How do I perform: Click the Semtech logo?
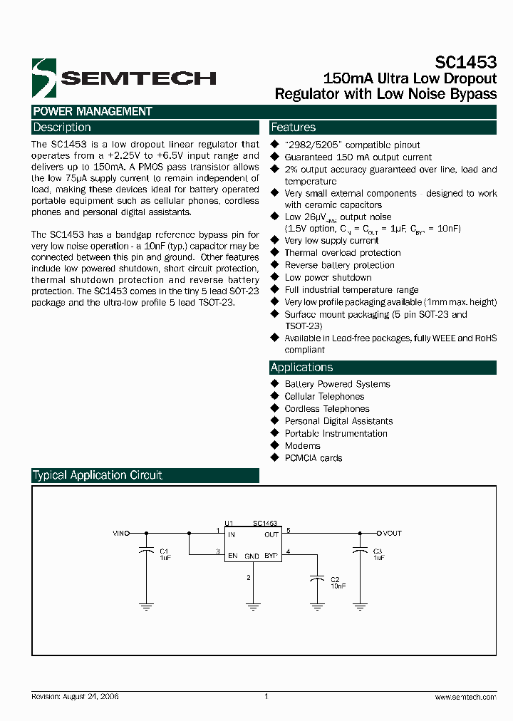click(123, 78)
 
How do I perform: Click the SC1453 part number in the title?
click(466, 63)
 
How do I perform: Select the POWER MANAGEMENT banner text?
click(93, 111)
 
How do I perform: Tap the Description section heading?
click(62, 128)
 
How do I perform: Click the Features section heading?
click(293, 128)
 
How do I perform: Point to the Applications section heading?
click(301, 368)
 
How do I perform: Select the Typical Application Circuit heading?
click(98, 475)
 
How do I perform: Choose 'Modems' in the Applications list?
click(302, 446)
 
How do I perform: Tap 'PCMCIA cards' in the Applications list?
click(313, 458)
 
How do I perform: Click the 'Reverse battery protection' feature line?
click(339, 265)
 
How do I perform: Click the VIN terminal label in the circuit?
click(120, 533)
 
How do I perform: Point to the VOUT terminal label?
click(392, 533)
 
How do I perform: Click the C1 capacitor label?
click(163, 551)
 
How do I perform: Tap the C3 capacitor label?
click(378, 551)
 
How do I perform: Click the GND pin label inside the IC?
click(252, 556)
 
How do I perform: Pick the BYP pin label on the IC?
click(271, 556)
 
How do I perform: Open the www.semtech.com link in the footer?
click(465, 697)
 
